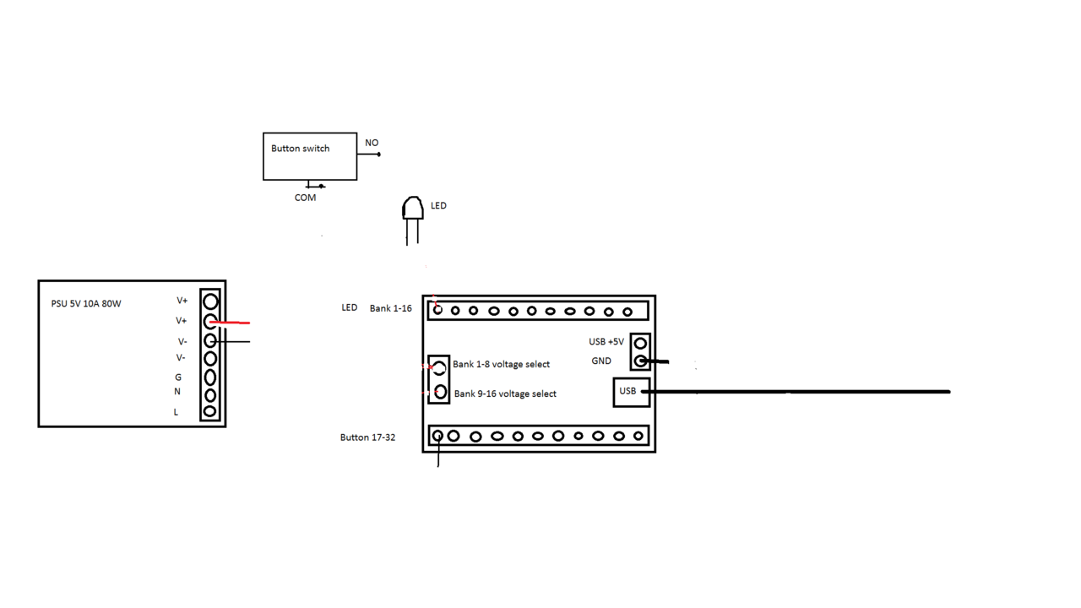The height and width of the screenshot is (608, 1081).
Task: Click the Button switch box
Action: click(309, 156)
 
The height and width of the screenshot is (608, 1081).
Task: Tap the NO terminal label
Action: click(372, 143)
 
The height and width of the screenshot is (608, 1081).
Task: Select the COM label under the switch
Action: click(305, 198)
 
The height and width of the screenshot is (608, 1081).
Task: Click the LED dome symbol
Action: click(412, 209)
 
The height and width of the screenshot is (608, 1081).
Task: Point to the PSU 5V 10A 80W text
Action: click(86, 304)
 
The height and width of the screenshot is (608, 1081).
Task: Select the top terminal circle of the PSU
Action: click(210, 301)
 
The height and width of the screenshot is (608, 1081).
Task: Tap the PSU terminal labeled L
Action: click(210, 412)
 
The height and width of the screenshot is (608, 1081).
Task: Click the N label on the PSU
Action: click(177, 392)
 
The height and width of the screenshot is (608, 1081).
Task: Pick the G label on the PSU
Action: click(178, 377)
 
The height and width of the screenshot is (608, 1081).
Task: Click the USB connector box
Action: click(630, 392)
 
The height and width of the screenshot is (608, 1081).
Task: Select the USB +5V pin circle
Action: click(640, 344)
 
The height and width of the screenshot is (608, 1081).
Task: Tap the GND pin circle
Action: click(640, 361)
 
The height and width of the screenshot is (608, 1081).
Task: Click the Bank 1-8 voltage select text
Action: click(501, 365)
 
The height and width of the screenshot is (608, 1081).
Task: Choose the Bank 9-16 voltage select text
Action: click(505, 394)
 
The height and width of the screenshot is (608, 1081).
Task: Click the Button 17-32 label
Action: click(367, 437)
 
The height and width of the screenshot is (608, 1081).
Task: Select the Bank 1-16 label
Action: click(390, 308)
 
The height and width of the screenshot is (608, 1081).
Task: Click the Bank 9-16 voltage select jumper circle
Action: click(440, 393)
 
